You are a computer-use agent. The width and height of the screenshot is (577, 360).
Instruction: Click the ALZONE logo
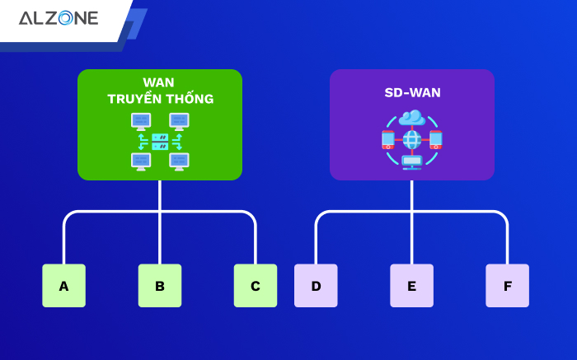click(x=58, y=18)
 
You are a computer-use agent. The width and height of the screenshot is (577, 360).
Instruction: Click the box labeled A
click(x=63, y=286)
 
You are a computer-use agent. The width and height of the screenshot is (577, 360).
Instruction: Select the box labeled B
click(x=160, y=286)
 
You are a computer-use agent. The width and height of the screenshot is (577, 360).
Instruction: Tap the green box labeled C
click(x=256, y=286)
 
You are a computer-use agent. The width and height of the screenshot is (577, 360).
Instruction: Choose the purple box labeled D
click(x=316, y=286)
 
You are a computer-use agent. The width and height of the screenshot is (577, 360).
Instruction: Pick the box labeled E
click(x=411, y=286)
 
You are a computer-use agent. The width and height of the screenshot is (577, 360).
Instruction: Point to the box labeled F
click(x=507, y=286)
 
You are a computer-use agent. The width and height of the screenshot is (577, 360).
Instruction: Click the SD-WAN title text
click(x=412, y=93)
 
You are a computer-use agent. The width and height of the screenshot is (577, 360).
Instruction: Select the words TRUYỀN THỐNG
click(x=160, y=100)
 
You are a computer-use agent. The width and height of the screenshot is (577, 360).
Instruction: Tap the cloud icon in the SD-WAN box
click(x=411, y=119)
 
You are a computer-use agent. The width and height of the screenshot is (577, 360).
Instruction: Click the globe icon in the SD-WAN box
click(x=411, y=139)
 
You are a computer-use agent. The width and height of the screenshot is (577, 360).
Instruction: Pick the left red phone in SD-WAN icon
click(x=387, y=140)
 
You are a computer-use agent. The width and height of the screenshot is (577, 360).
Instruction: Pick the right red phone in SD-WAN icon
click(x=436, y=140)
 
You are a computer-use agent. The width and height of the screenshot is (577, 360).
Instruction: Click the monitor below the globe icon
click(x=411, y=161)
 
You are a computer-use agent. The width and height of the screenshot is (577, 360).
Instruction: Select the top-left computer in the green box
click(x=141, y=122)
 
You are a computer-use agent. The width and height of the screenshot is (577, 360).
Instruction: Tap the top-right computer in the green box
click(x=179, y=122)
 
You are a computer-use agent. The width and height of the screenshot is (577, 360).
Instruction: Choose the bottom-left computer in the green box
click(x=141, y=161)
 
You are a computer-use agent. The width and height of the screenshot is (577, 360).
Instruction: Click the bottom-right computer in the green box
click(x=179, y=161)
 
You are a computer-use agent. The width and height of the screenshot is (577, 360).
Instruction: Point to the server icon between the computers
click(x=160, y=141)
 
